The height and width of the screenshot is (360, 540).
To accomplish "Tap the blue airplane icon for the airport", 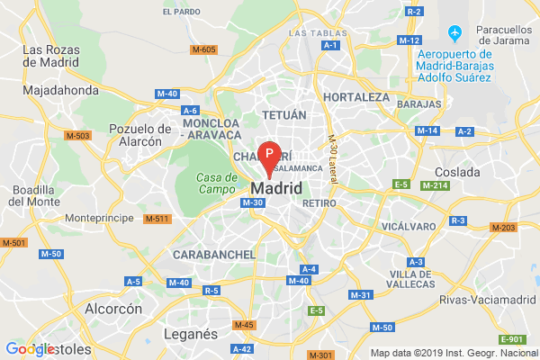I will pos(455,34).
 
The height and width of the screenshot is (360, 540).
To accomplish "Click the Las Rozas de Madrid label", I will pos(55,56).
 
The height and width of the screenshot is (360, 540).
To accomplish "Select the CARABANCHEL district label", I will pos(216,255).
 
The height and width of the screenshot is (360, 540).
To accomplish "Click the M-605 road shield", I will pos(204,49).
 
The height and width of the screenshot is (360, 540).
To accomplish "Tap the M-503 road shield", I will pos(78,135).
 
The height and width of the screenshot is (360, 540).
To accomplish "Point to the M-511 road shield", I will pos(157,219).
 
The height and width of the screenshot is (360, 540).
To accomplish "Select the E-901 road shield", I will pos(510,338).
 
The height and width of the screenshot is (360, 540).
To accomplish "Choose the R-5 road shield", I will pos(212,290).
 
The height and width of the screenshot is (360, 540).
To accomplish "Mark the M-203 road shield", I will pos(502,227).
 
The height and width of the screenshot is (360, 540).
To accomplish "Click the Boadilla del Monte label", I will pos(35,195).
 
